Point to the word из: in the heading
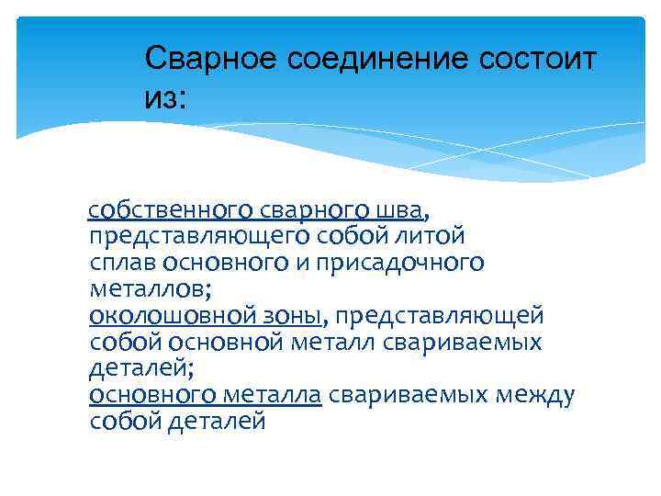coord(165,98)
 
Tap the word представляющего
coord(200,236)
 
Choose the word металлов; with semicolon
coord(151,289)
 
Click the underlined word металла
coord(269,396)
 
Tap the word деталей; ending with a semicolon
coord(141,369)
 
